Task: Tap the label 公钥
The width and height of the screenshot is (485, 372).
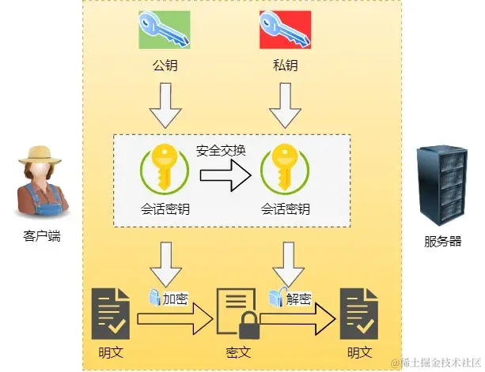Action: tap(165, 66)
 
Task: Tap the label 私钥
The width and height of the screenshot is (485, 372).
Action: tap(285, 66)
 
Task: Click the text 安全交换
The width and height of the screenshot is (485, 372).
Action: tap(221, 151)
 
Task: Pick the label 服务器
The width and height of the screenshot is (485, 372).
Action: tap(442, 242)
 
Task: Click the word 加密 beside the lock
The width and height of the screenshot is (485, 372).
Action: tap(176, 299)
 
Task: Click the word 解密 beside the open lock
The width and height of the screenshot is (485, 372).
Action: tap(297, 299)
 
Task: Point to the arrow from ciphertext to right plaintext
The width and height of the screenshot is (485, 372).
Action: tap(297, 319)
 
